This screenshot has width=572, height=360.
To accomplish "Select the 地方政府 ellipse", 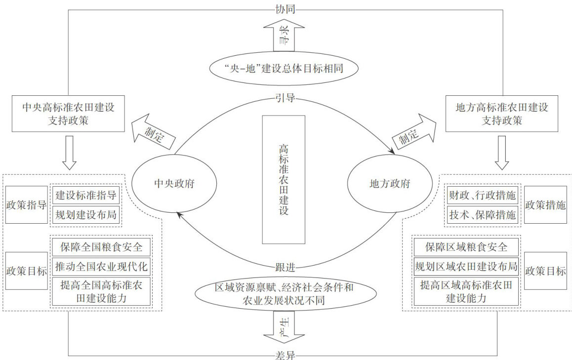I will click(390, 184).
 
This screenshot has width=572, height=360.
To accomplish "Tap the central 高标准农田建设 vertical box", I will click(283, 179).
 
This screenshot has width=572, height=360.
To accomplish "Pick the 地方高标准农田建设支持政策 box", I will click(501, 114).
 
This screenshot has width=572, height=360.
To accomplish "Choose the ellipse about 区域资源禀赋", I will click(284, 293).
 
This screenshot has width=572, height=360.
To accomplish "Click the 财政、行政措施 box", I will click(482, 195).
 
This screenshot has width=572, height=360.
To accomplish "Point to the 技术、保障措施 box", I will click(482, 215).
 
